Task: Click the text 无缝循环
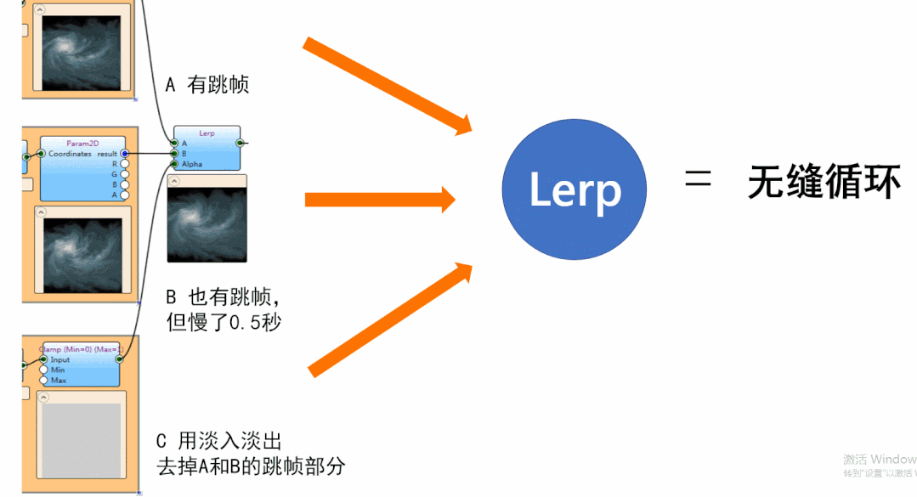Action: [x=824, y=182]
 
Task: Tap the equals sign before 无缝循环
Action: [x=698, y=181]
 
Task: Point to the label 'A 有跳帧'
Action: [x=207, y=85]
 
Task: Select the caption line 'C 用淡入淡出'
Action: [x=219, y=441]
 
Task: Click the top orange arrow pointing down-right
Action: [x=387, y=86]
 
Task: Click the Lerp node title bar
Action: [x=207, y=133]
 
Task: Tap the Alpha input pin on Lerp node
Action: [x=175, y=164]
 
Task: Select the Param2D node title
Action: [x=82, y=144]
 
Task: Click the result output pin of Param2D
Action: [x=125, y=154]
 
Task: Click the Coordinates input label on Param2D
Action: [x=70, y=154]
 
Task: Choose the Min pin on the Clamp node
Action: [x=43, y=370]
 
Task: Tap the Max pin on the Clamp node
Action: [x=43, y=381]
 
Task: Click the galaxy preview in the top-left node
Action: [x=82, y=49]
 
